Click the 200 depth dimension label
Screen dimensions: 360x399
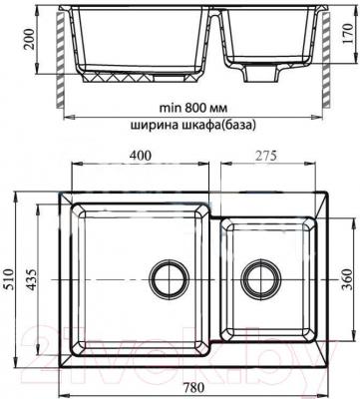point(30,39)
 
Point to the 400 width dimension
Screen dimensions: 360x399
point(141,156)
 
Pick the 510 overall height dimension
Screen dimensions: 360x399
point(9,279)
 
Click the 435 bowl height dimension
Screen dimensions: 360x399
point(31,279)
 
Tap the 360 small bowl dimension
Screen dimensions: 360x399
point(347,279)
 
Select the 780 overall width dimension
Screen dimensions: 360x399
point(193,387)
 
